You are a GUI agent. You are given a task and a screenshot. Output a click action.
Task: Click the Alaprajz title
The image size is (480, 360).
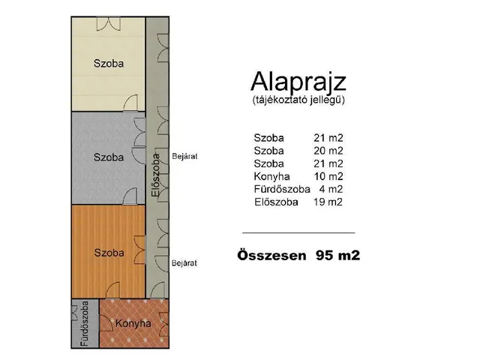pos(298,80)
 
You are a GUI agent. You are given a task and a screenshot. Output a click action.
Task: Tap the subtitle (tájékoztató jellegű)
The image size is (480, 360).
pos(298,99)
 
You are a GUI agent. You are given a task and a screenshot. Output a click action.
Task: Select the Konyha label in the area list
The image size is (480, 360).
pos(270,176)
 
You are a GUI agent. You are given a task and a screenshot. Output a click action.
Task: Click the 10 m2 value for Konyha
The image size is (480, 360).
pos(328,176)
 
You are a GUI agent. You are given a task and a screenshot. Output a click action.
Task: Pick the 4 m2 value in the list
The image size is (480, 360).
pos(331,189)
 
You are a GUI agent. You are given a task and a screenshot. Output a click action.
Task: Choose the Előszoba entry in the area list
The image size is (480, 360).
pos(277,202)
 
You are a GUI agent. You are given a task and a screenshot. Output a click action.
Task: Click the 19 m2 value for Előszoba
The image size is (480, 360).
pos(328,202)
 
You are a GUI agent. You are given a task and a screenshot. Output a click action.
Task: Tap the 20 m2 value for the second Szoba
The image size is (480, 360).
pos(328,151)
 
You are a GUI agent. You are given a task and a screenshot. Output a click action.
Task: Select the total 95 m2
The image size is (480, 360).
pos(337,255)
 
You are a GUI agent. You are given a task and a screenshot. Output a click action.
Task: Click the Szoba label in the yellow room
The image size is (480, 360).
pos(109,63)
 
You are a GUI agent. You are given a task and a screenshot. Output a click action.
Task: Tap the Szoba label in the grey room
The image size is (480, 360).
pos(109,157)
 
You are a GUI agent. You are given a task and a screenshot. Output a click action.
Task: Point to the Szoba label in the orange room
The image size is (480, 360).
pos(109,253)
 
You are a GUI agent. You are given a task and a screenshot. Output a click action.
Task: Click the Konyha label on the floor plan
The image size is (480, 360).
pos(133,324)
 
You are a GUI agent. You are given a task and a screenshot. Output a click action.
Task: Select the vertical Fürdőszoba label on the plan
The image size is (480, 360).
pos(85,325)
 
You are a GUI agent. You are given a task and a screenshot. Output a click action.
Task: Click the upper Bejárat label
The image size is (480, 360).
pos(184,157)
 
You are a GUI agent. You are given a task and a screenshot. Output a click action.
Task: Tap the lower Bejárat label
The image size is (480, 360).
pos(184,263)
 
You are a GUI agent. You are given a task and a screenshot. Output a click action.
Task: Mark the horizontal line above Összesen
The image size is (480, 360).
pos(298,232)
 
